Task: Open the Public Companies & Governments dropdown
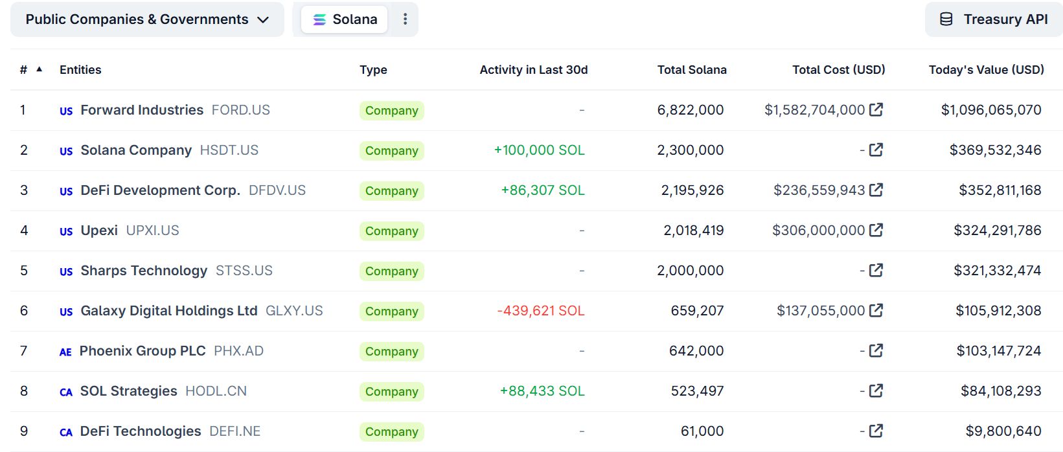pos(147,19)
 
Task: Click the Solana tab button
pos(345,19)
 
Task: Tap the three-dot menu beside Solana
pos(405,19)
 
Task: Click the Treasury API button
pos(994,19)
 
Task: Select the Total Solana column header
pos(691,70)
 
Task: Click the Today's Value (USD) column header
pos(986,70)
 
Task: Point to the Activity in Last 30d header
pos(533,70)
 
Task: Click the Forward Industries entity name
pos(142,110)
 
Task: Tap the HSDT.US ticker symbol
pos(229,150)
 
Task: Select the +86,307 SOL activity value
pos(542,190)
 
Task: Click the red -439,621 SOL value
pos(540,311)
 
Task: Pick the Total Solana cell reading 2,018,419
pos(693,231)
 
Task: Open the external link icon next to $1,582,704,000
pos(876,110)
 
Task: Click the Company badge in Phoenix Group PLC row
pos(391,351)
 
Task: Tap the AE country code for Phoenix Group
pos(65,352)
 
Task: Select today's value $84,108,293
pos(1001,391)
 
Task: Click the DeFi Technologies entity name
pos(141,431)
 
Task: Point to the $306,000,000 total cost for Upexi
pos(818,231)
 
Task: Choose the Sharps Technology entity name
pos(144,271)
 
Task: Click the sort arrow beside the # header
pos(40,69)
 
